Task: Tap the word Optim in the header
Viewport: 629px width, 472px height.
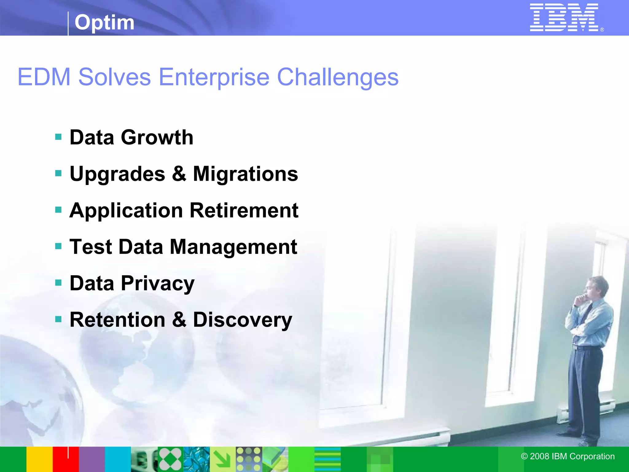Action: point(104,22)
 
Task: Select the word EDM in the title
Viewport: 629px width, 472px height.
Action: point(44,77)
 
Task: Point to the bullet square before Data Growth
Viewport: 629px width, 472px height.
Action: point(58,137)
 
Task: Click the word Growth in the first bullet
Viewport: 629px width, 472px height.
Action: point(157,137)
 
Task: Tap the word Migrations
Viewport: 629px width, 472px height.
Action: point(245,174)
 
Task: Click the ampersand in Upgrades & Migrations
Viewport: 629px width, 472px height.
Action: point(179,174)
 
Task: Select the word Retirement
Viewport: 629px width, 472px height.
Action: point(244,210)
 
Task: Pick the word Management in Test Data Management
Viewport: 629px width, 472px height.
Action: point(233,247)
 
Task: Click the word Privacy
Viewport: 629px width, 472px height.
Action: point(158,283)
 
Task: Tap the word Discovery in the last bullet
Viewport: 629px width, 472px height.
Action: point(242,320)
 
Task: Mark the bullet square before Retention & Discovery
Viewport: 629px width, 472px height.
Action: point(58,319)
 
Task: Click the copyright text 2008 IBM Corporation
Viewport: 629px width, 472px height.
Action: point(568,456)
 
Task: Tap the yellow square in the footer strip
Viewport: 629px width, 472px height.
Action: point(39,459)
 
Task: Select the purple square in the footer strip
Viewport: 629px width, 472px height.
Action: point(92,459)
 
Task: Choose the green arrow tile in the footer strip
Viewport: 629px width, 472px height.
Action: point(223,459)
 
